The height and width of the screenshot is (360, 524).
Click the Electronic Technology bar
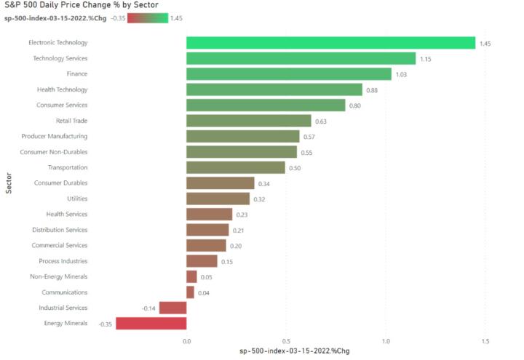pyautogui.click(x=330, y=43)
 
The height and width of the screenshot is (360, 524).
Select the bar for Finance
pyautogui.click(x=288, y=74)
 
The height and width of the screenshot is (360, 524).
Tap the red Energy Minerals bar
pyautogui.click(x=151, y=323)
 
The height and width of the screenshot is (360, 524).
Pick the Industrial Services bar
pyautogui.click(x=172, y=308)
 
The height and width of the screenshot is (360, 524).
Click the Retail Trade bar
pyautogui.click(x=248, y=121)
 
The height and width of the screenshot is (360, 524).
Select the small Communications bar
pyautogui.click(x=190, y=292)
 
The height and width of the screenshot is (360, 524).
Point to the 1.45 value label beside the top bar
pyautogui.click(x=485, y=44)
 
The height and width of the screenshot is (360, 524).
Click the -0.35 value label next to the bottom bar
pyautogui.click(x=105, y=324)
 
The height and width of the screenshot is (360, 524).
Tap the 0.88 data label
pyautogui.click(x=371, y=90)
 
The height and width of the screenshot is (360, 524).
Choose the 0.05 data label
pyautogui.click(x=206, y=277)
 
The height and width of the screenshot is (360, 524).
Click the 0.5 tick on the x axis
pyautogui.click(x=286, y=340)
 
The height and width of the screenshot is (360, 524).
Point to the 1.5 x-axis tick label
pyautogui.click(x=485, y=340)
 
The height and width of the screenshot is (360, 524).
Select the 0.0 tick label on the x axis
pyautogui.click(x=186, y=340)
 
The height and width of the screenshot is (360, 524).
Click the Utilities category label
pyautogui.click(x=73, y=199)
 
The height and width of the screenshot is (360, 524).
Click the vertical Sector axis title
pyautogui.click(x=9, y=183)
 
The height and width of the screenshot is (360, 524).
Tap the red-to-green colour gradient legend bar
pyautogui.click(x=148, y=18)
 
